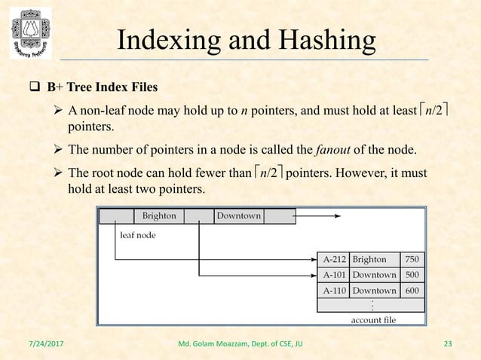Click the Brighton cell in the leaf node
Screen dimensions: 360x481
pos(158,216)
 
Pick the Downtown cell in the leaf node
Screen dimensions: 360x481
pos(238,216)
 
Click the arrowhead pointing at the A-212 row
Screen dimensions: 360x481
pos(314,260)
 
